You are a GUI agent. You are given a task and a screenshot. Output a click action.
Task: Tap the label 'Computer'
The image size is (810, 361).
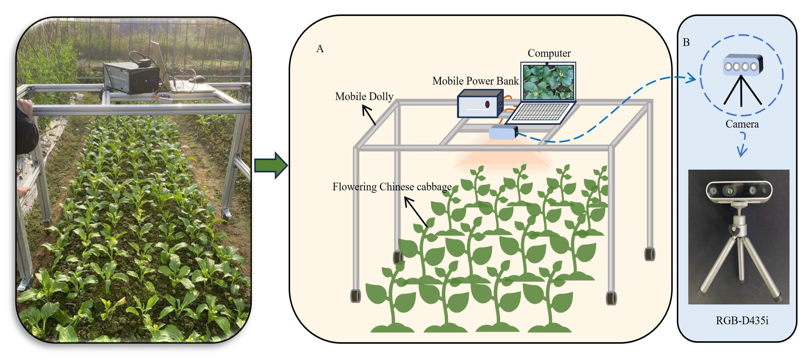549,53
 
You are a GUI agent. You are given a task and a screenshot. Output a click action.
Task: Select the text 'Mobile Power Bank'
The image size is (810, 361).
475,81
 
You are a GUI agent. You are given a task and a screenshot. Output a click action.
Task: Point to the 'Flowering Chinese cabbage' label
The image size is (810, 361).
392,187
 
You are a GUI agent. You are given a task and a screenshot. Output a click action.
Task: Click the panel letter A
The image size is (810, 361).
319,49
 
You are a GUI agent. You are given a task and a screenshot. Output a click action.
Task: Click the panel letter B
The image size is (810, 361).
686,42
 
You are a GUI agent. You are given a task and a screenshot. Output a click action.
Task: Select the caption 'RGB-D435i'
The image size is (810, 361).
742,320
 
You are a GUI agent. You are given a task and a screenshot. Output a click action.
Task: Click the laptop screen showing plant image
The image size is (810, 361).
548,82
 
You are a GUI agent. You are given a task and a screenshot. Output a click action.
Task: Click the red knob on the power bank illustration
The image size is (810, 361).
487,104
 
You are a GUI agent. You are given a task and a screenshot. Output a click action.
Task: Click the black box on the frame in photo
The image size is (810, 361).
131,78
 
